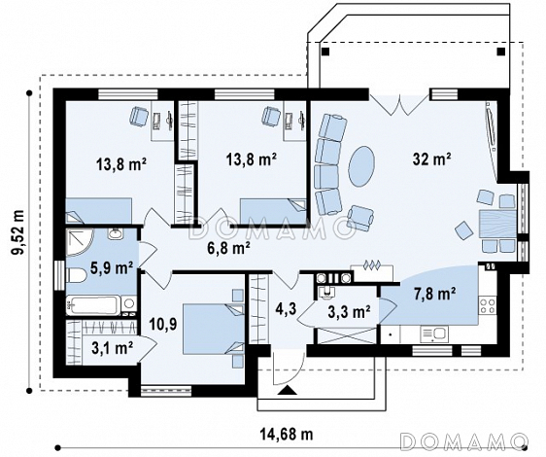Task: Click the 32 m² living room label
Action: [x=431, y=159]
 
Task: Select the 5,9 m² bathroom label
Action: [x=112, y=268]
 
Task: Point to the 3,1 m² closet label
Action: [x=112, y=348]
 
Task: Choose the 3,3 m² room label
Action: [x=349, y=312]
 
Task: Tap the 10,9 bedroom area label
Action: [x=163, y=325]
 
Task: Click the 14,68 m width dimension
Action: [x=287, y=435]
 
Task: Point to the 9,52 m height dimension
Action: [x=18, y=232]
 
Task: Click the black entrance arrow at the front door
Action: [x=288, y=391]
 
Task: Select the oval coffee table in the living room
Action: [x=362, y=166]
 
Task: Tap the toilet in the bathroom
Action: [x=76, y=276]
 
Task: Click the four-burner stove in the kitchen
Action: [x=488, y=305]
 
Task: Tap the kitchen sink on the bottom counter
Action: [x=434, y=334]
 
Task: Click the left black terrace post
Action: [x=325, y=52]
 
